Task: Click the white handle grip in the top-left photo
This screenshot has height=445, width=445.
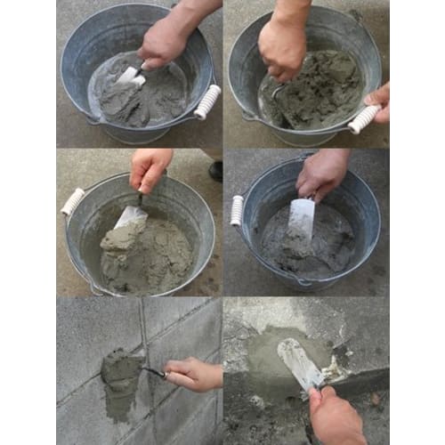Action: click(x=206, y=101)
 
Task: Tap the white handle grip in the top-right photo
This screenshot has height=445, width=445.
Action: click(x=365, y=118)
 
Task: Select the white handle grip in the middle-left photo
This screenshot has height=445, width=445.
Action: click(x=72, y=202)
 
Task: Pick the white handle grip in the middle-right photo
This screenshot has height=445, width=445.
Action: click(x=237, y=210)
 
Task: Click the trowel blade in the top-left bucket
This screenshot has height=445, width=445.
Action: click(x=130, y=75)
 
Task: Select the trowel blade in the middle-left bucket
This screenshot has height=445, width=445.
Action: click(x=131, y=216)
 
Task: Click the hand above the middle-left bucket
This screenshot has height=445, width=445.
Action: click(x=149, y=167)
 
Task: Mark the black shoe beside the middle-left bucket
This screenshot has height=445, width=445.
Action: click(x=215, y=170)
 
